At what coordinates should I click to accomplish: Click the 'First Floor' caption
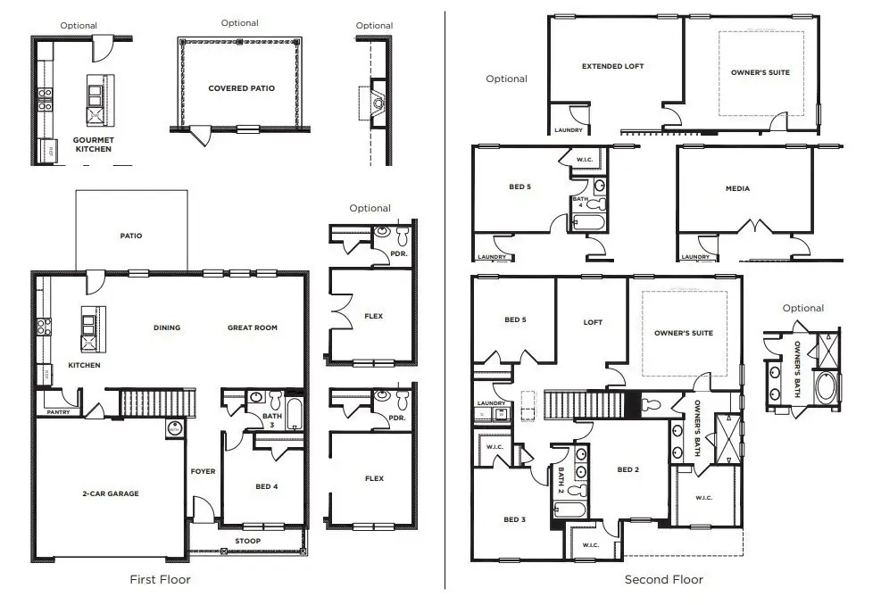tap(160, 580)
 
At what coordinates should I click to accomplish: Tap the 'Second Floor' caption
tap(663, 580)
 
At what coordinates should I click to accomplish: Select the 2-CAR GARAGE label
tap(112, 493)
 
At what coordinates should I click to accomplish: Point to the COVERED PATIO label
tap(241, 88)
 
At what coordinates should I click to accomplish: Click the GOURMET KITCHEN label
tap(93, 145)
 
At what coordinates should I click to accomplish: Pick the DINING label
tap(167, 327)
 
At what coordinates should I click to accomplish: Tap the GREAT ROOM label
tap(253, 327)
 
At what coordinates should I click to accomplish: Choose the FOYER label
tap(203, 471)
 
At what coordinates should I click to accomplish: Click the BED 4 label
tap(266, 486)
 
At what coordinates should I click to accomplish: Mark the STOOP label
tap(248, 541)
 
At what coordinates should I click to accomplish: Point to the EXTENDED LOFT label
tap(612, 66)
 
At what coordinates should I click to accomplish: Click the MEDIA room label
tap(737, 188)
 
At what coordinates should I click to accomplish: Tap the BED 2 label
tap(628, 469)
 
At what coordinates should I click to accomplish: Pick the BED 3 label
tap(513, 519)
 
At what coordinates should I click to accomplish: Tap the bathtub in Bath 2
tap(570, 510)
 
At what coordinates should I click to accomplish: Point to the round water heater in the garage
tap(173, 429)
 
